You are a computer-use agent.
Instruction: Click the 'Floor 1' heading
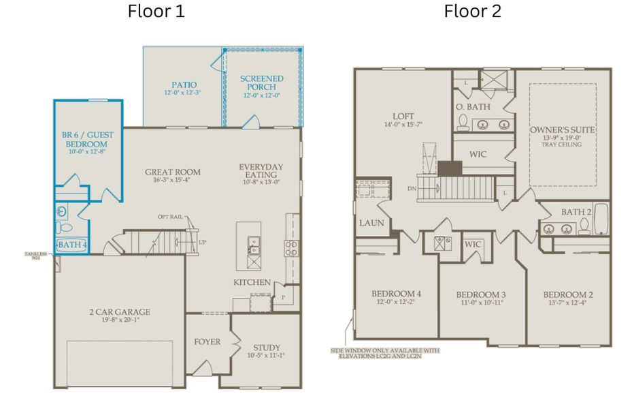(x=156, y=12)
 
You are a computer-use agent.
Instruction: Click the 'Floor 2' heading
(x=473, y=12)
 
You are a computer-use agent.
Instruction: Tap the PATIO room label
(x=183, y=84)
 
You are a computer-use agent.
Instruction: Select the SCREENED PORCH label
(x=262, y=83)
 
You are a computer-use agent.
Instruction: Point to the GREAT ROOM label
(x=173, y=172)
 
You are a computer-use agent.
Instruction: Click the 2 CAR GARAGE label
(x=120, y=312)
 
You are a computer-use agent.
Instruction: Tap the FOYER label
(x=207, y=342)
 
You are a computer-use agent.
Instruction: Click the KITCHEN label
(x=252, y=282)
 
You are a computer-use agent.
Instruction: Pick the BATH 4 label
(x=71, y=245)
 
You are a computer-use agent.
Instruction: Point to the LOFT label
(x=403, y=117)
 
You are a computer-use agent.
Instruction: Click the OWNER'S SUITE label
(x=563, y=130)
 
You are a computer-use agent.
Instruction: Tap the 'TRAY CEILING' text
(x=563, y=147)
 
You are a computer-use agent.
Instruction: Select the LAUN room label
(x=371, y=223)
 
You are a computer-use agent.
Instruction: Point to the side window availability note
(x=384, y=353)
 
